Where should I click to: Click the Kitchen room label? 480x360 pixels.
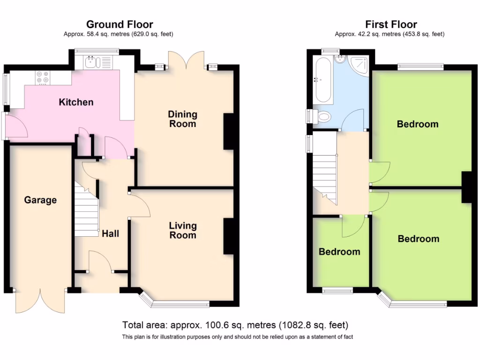[76, 102]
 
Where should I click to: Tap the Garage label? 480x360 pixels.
[40, 200]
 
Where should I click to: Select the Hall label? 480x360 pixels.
[110, 233]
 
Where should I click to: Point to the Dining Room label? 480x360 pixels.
[182, 119]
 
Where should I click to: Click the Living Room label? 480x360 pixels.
[183, 230]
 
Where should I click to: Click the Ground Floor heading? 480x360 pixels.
[120, 24]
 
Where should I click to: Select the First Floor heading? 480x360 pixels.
[391, 24]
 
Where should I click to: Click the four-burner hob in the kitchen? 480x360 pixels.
[43, 77]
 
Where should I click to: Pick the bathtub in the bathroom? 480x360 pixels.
[323, 80]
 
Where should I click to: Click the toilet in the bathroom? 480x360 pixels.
[321, 116]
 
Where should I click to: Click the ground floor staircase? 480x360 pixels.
[87, 209]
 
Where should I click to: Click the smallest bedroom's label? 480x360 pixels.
[339, 252]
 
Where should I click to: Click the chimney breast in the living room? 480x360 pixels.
[228, 236]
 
